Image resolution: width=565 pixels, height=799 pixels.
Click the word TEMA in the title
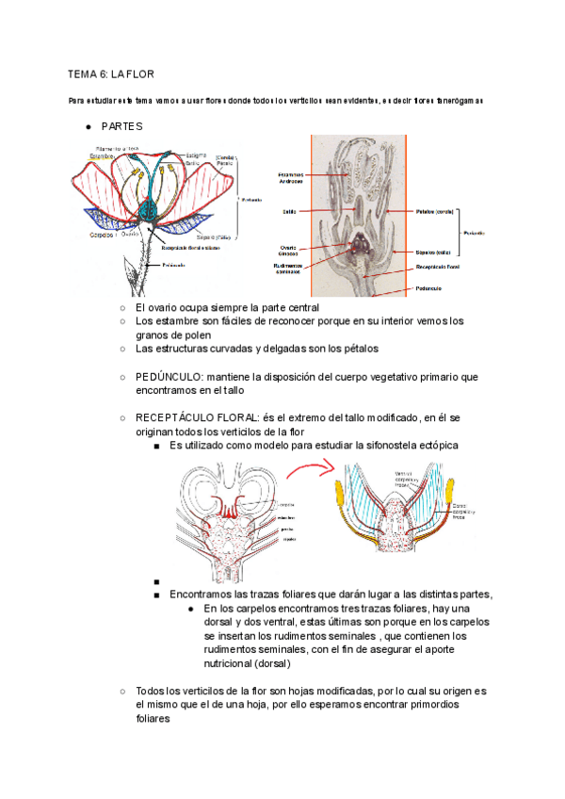[81, 73]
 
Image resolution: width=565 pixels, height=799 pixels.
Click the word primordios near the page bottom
[420, 705]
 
